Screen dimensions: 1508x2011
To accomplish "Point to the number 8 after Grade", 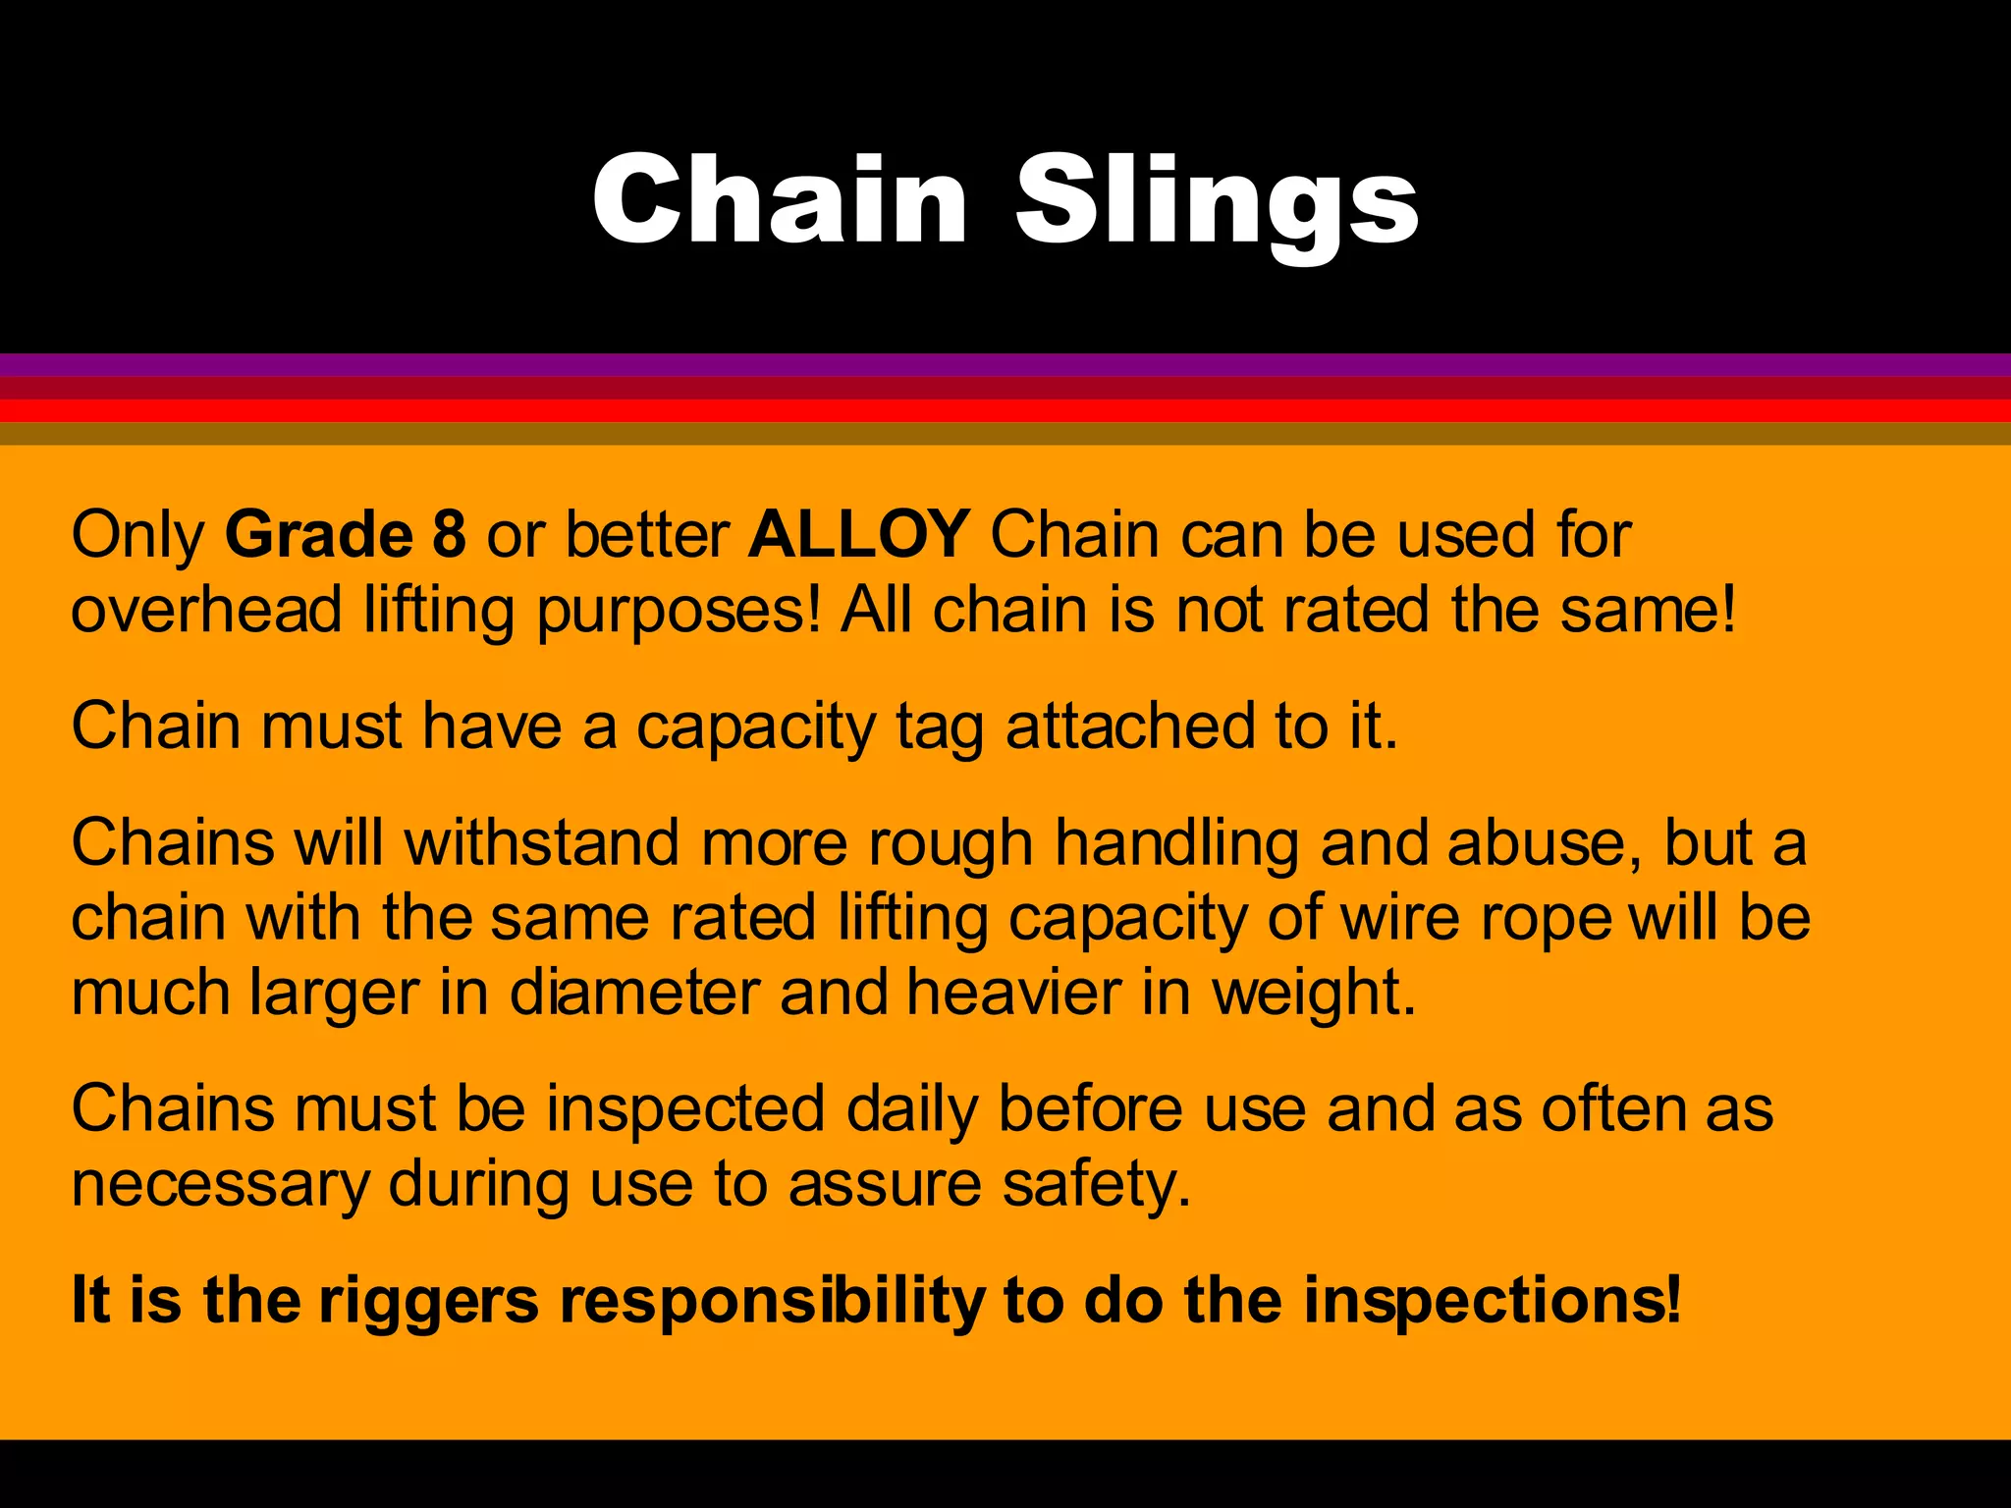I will point(449,535).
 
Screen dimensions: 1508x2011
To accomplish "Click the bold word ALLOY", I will point(859,535).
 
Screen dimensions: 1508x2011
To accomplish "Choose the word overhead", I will point(206,610).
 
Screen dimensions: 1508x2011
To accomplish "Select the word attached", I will point(1130,727).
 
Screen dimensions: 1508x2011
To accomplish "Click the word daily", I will point(911,1109).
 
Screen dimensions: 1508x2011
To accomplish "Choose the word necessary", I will point(220,1185).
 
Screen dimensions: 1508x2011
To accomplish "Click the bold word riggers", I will point(429,1302).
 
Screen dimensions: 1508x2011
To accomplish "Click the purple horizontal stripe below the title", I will point(1005,364).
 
